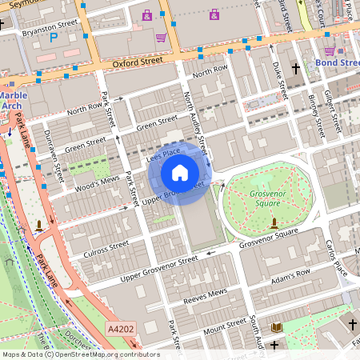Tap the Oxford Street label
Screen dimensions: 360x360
pos(144,58)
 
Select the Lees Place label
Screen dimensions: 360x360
pos(163,154)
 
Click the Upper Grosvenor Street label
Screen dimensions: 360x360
pos(158,269)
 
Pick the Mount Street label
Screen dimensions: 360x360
pos(226,325)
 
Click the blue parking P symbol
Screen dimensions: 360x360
pos(54,37)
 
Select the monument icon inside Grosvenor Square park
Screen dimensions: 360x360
pos(274,222)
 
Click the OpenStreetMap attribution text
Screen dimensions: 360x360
pos(80,354)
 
